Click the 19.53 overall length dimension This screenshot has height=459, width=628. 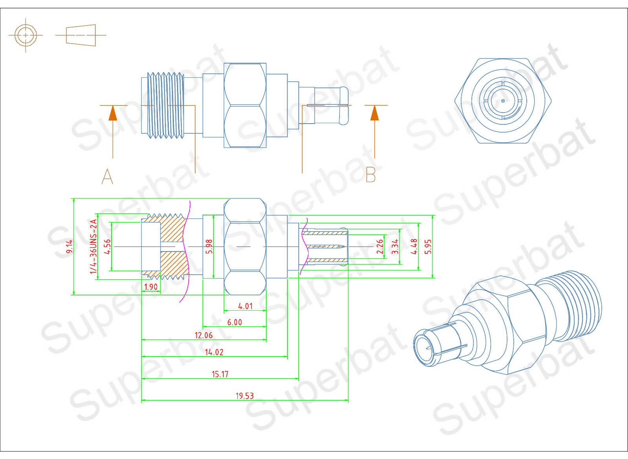(245, 395)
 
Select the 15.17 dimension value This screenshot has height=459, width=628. (220, 374)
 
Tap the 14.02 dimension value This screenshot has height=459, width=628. (214, 352)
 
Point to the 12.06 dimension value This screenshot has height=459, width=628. (203, 335)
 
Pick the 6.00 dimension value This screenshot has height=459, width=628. (234, 322)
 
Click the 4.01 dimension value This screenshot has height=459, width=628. (245, 306)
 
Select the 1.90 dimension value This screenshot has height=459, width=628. (151, 287)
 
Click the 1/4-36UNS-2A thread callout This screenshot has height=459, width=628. (93, 246)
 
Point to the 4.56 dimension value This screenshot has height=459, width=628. (107, 246)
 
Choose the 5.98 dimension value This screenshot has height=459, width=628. (209, 246)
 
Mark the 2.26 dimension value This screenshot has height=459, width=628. (380, 246)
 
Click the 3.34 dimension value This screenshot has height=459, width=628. (395, 246)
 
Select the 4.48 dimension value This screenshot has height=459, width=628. (414, 246)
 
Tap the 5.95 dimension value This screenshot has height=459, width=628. (428, 246)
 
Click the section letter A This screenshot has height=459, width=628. (107, 176)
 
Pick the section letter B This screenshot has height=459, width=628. (371, 175)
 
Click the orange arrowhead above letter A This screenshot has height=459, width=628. (113, 113)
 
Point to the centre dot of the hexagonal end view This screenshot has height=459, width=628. (503, 101)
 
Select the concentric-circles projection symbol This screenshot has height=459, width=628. (26, 35)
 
